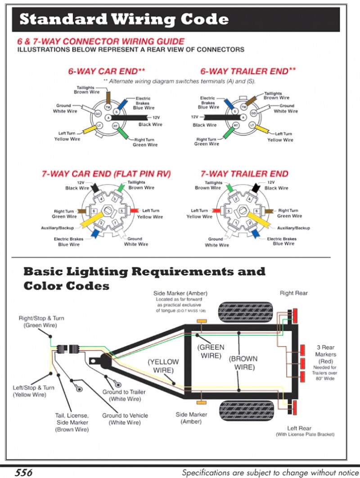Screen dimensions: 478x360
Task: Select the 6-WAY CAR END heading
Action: click(107, 71)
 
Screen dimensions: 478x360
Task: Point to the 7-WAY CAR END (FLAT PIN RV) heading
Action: click(106, 174)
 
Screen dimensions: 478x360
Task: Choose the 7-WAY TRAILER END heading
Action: click(244, 174)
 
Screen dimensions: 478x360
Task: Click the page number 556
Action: click(23, 472)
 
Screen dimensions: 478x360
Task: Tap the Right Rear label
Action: click(293, 293)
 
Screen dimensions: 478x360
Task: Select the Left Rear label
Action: click(299, 428)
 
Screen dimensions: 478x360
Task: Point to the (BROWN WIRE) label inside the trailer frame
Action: click(243, 363)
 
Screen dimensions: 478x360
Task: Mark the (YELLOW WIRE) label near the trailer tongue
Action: click(163, 365)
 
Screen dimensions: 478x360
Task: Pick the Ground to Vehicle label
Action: click(125, 419)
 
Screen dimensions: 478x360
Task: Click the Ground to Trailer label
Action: click(124, 395)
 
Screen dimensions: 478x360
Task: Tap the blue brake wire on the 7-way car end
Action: click(95, 233)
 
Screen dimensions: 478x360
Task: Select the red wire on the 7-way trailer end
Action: click(216, 210)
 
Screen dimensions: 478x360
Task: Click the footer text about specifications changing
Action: click(270, 473)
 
